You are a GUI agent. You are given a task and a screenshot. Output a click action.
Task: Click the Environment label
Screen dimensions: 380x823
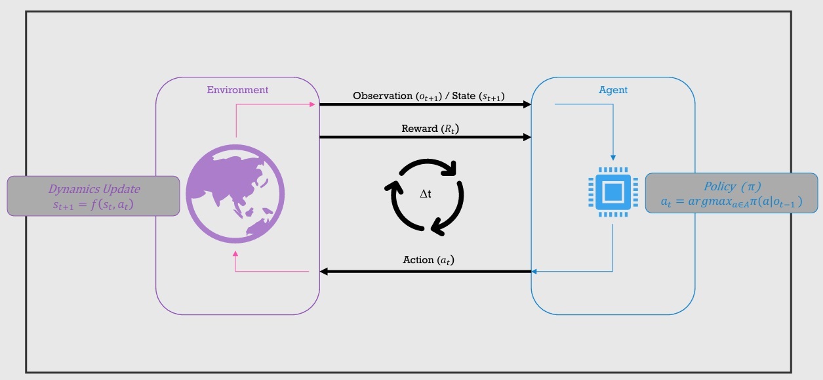click(237, 90)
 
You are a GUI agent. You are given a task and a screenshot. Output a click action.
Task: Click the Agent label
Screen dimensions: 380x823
click(613, 90)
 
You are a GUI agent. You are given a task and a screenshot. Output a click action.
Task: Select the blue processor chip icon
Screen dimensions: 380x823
click(612, 192)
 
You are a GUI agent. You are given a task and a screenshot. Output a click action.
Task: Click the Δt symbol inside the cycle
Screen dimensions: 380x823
click(426, 195)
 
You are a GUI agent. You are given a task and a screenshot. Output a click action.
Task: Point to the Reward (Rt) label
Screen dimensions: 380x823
click(426, 128)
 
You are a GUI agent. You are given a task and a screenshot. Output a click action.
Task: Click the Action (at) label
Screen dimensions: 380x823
click(428, 260)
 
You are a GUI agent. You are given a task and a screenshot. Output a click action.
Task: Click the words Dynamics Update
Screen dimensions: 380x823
click(94, 188)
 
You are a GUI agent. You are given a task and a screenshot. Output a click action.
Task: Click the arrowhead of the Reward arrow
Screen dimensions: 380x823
click(527, 137)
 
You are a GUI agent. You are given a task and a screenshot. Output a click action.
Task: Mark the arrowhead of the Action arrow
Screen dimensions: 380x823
click(323, 271)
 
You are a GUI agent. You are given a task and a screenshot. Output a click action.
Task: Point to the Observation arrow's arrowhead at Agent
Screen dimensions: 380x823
click(527, 104)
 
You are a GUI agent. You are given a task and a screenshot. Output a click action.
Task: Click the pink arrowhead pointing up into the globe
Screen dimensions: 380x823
click(235, 252)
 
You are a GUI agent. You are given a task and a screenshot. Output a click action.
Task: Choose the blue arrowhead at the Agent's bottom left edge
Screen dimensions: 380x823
click(534, 271)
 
